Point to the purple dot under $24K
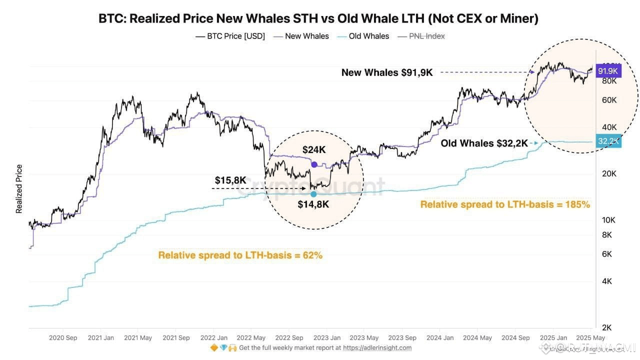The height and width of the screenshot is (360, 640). pos(314,164)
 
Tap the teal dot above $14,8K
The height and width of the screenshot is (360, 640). pos(313,193)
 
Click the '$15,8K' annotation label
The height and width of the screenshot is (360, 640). pos(230,179)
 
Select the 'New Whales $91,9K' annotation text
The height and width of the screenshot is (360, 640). pos(387,72)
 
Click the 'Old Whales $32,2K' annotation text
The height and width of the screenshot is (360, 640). pos(484,143)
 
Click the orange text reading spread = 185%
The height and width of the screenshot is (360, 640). pos(505,204)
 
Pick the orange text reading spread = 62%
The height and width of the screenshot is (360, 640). pos(240,255)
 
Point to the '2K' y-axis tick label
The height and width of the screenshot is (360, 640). pos(606,327)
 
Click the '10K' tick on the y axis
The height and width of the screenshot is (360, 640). pos(608,220)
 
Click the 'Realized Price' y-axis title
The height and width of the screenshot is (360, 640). pos(19,188)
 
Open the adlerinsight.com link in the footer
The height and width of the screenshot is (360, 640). pos(377,347)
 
